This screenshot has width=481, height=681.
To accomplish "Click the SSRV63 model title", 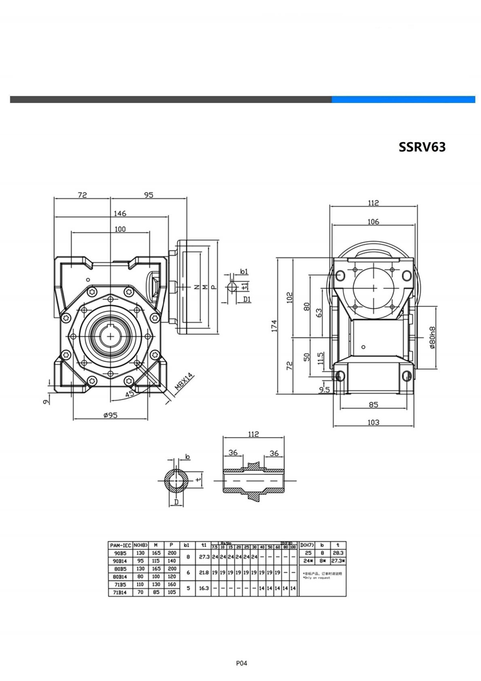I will coord(422,146).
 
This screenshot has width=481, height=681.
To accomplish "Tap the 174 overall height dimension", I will coord(273,326).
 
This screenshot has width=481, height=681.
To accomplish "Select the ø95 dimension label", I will coord(110,415).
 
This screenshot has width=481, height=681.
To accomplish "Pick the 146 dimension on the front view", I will coord(119,213).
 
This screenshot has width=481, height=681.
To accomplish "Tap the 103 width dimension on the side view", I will coord(373,422).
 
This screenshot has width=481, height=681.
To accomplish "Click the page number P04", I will coord(241,663).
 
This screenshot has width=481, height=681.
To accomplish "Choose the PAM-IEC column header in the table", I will coord(120,545).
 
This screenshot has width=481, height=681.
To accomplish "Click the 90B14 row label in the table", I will coord(120,561).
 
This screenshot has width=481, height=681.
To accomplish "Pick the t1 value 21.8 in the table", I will coord(204,573).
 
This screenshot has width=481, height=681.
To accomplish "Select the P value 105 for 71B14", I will coord(171,592).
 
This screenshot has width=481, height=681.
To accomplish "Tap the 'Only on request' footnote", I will coord(317,577).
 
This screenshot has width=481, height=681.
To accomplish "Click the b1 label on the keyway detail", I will coord(244,272).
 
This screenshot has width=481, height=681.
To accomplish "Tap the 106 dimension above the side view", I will coord(373,222).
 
